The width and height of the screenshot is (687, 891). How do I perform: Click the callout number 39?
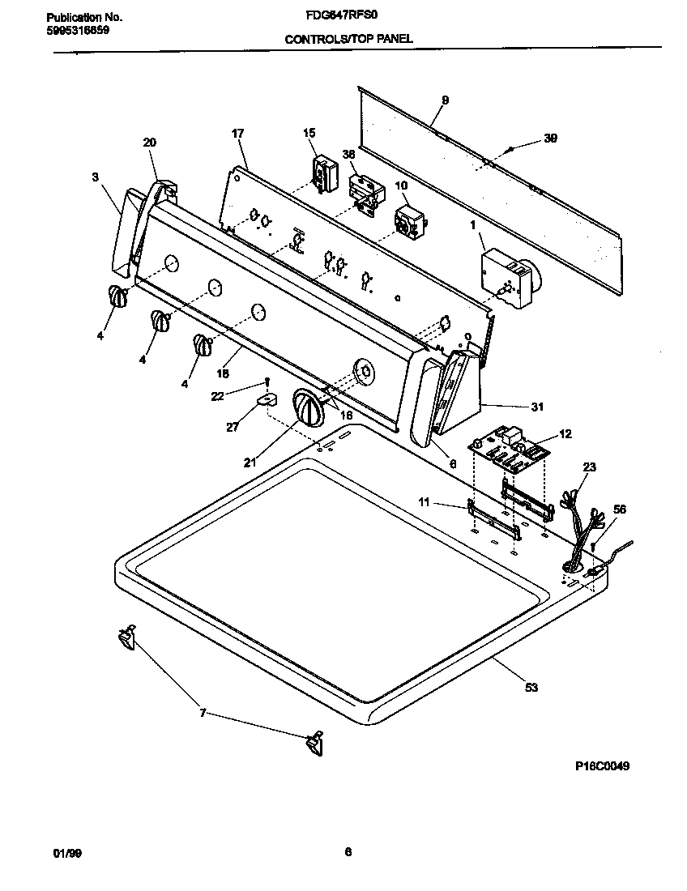pyautogui.click(x=550, y=139)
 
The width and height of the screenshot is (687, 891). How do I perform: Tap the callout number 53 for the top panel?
pyautogui.click(x=531, y=688)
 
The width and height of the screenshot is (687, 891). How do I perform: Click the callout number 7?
pyautogui.click(x=203, y=713)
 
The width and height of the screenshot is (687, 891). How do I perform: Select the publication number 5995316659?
pyautogui.click(x=74, y=30)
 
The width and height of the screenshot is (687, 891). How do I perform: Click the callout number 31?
pyautogui.click(x=536, y=407)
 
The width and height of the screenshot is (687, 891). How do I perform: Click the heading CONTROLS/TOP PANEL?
pyautogui.click(x=348, y=38)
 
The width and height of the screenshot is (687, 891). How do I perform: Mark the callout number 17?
pyautogui.click(x=237, y=133)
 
